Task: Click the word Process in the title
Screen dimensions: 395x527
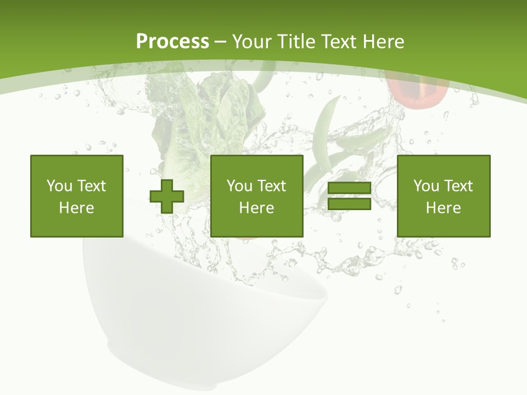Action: tap(172, 42)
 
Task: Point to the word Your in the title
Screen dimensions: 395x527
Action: tap(252, 42)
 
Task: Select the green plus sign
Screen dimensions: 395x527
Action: tap(167, 196)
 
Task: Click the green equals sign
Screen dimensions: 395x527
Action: tap(349, 196)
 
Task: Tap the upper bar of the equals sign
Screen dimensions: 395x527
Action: tap(349, 188)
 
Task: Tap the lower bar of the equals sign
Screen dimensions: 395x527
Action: tap(349, 204)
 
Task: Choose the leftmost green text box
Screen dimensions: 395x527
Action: tap(76, 196)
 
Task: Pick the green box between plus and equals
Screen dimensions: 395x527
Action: tap(256, 196)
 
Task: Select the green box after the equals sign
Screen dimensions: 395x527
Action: tap(443, 196)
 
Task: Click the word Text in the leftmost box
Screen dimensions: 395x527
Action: tap(91, 186)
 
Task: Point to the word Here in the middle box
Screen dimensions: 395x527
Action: tap(256, 207)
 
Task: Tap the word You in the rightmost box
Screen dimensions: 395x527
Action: tap(426, 186)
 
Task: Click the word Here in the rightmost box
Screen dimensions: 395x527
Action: tap(443, 207)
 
